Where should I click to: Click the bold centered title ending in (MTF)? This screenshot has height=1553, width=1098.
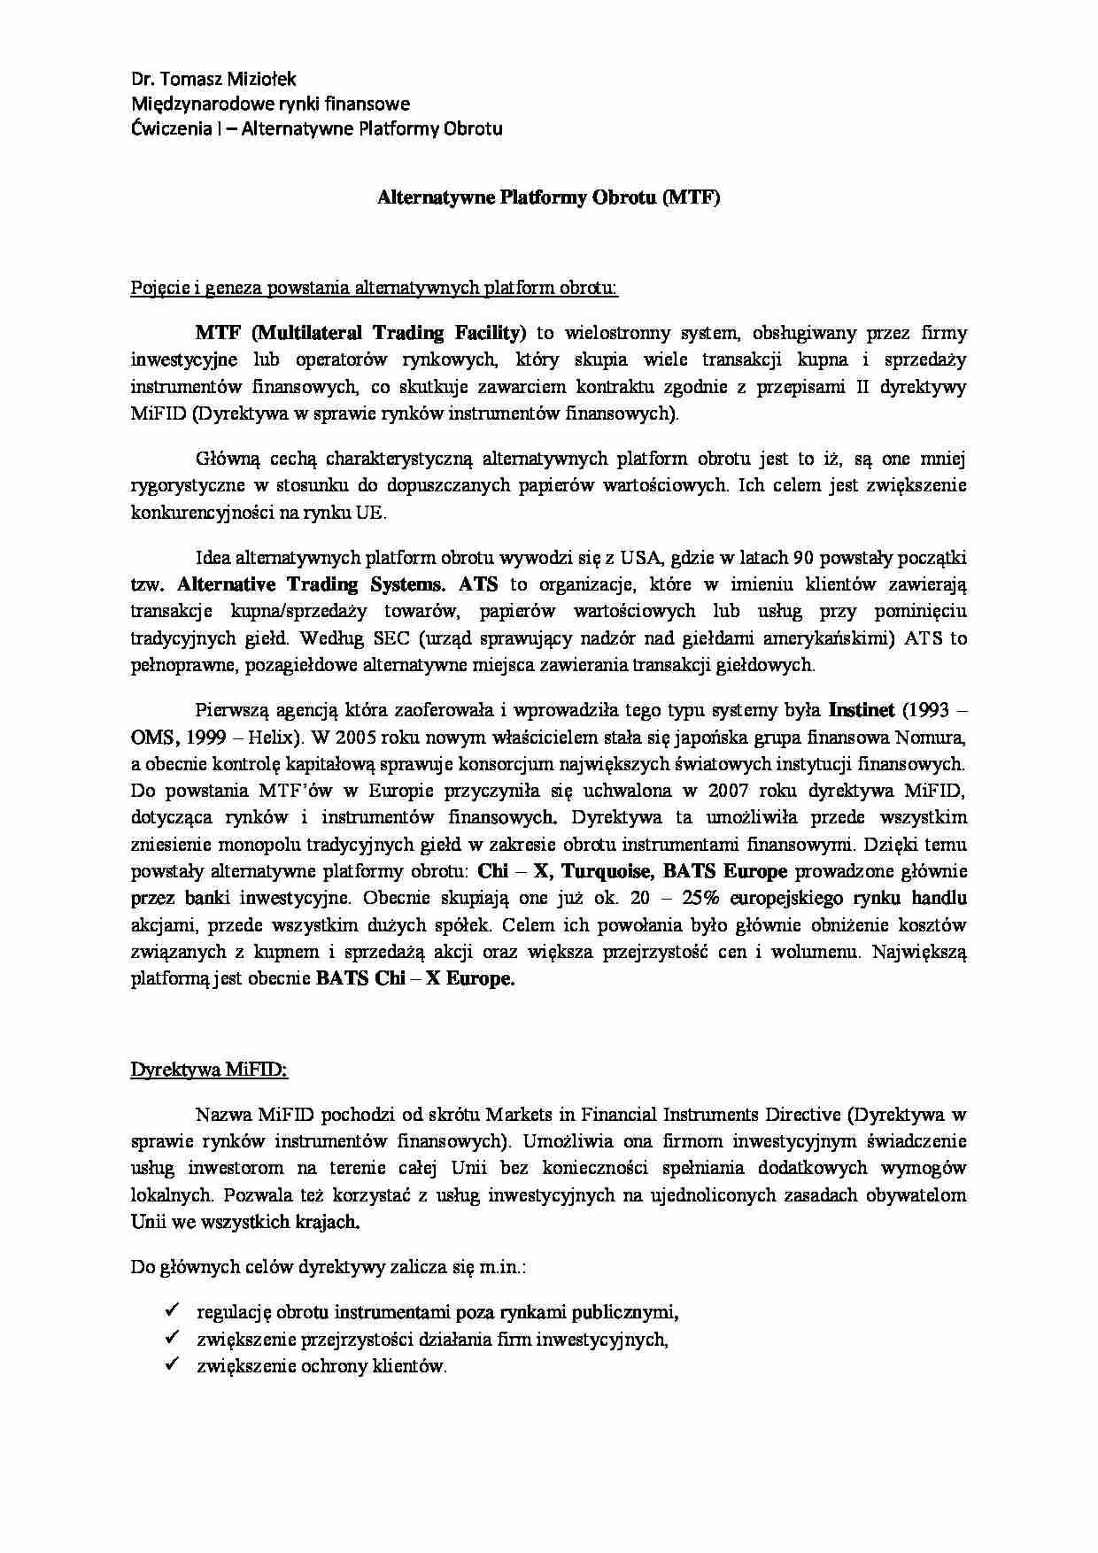pos(548,197)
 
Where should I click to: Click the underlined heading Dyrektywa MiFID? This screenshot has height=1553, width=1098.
pos(209,1069)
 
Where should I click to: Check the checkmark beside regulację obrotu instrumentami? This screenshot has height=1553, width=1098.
pos(174,1310)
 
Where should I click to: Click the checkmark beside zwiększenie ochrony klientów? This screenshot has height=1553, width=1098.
pos(174,1364)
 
